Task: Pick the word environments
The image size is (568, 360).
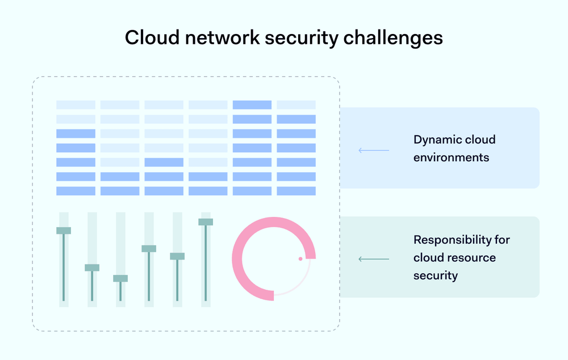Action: click(x=451, y=157)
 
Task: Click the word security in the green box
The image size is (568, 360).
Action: click(x=435, y=275)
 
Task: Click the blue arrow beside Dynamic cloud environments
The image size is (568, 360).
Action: click(x=373, y=150)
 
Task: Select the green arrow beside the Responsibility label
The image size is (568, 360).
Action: click(x=373, y=259)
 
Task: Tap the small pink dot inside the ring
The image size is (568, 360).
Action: click(x=300, y=259)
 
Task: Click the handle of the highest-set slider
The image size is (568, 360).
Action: click(x=206, y=222)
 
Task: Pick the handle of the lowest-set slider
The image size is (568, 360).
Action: click(x=120, y=278)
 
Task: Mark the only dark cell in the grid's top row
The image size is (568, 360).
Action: click(x=252, y=104)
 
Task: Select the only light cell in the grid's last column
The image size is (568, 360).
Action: click(x=296, y=104)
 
